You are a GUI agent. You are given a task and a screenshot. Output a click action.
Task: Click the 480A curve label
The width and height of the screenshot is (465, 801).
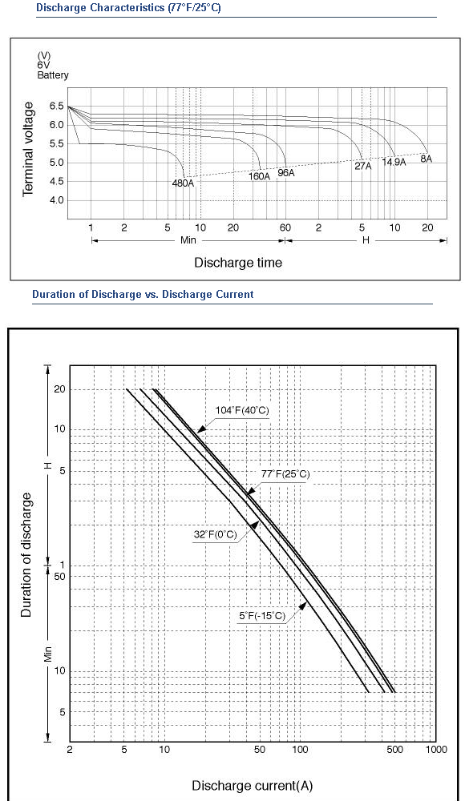tap(183, 183)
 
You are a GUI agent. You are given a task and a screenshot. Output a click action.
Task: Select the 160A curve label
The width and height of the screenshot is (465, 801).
tap(259, 176)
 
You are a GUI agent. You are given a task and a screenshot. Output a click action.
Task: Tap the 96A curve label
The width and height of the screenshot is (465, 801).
tap(286, 173)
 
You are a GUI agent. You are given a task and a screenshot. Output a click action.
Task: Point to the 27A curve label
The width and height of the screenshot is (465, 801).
tap(363, 166)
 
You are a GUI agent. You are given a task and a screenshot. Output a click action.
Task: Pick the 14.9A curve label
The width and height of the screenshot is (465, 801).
tap(394, 163)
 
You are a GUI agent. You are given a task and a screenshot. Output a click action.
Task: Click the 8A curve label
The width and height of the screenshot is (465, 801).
tap(427, 159)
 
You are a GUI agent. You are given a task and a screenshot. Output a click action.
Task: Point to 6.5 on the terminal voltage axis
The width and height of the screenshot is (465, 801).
tap(57, 107)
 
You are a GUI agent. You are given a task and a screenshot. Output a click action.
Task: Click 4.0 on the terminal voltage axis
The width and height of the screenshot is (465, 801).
tap(57, 200)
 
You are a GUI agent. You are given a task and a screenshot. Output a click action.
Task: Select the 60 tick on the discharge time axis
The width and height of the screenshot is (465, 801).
tap(285, 227)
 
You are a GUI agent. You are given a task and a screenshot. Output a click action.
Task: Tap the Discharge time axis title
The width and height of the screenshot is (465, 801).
tap(238, 263)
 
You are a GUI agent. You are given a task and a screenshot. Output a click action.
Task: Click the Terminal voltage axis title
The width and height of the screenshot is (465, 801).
tap(28, 149)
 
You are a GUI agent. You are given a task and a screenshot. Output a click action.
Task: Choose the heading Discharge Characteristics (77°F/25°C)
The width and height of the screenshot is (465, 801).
tap(128, 8)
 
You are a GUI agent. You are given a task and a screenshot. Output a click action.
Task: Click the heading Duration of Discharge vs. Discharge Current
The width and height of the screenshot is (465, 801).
tap(143, 294)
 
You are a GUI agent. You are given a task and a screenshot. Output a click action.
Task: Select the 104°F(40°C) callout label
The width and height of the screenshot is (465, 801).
tap(242, 410)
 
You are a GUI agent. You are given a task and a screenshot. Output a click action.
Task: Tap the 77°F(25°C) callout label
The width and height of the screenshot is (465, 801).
tap(285, 474)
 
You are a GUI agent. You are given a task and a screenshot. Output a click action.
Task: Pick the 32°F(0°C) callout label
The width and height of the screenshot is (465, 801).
tap(216, 535)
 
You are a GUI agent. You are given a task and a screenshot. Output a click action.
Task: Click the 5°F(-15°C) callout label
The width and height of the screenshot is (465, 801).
tap(262, 615)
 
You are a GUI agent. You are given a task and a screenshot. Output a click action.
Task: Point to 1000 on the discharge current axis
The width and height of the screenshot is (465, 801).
tap(436, 750)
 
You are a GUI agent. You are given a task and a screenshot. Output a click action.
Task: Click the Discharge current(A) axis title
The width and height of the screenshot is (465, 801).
tap(253, 785)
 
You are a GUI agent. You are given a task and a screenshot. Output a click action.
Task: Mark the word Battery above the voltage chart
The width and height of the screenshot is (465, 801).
tap(53, 75)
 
